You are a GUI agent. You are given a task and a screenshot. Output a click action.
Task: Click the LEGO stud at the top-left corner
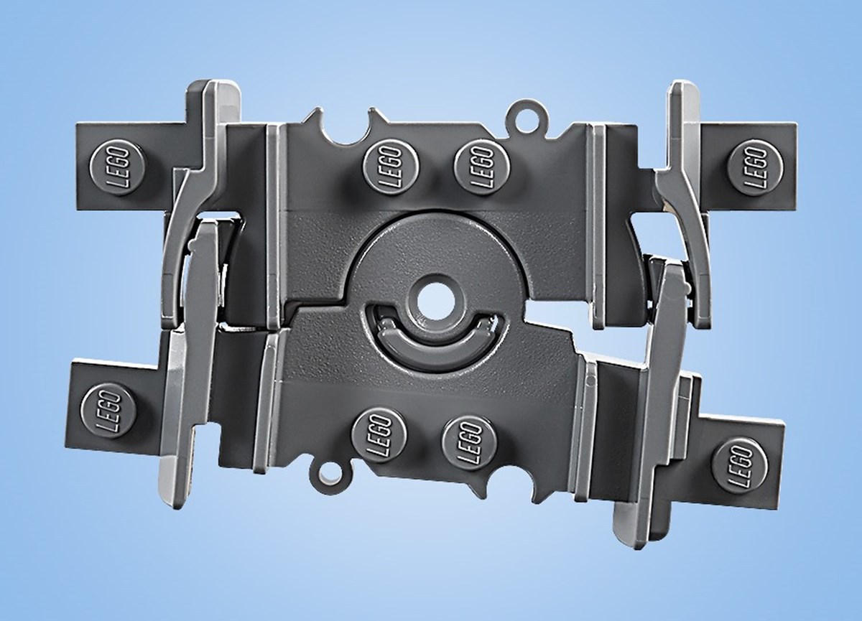(x=117, y=169)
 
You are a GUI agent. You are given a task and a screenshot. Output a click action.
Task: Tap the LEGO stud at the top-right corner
(x=756, y=168)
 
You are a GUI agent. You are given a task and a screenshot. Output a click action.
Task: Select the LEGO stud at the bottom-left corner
(x=108, y=411)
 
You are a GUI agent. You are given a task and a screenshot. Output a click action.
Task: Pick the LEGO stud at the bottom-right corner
(x=739, y=465)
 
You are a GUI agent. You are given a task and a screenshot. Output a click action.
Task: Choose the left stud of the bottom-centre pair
(x=379, y=436)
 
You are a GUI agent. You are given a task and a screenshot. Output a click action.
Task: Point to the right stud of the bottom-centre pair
(x=470, y=442)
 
